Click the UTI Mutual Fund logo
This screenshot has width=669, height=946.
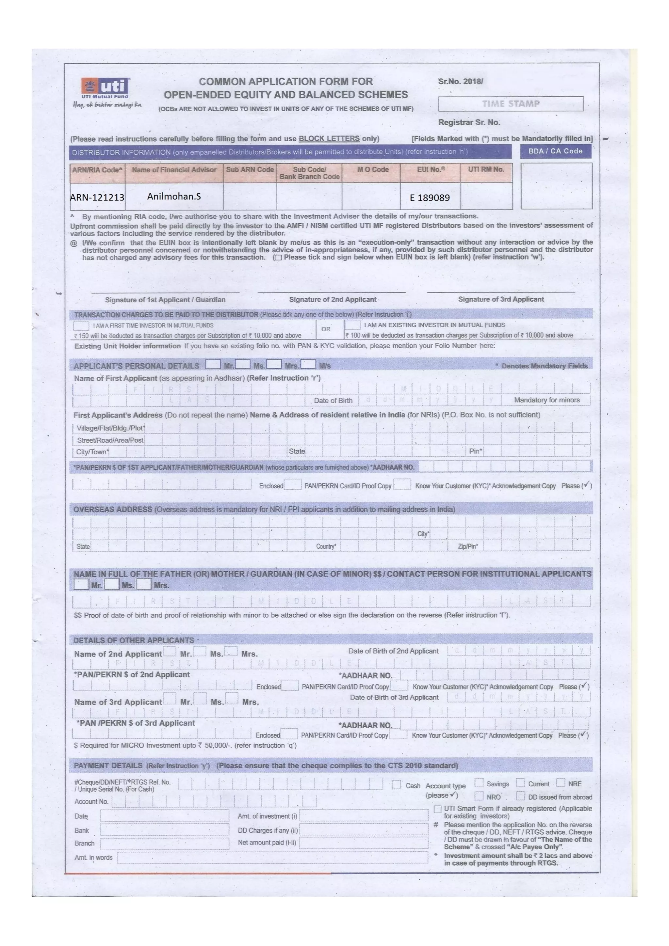[106, 87]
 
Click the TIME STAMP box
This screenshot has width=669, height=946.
[510, 104]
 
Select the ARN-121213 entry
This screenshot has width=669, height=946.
[97, 197]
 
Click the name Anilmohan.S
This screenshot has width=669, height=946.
[174, 197]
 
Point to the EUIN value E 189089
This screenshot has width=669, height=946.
[430, 198]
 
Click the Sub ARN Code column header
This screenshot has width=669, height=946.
[250, 170]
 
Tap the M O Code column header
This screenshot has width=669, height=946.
[373, 170]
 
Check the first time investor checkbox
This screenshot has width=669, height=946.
[81, 326]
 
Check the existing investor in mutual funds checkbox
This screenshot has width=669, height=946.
[352, 325]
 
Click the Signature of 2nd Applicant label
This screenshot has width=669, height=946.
[332, 300]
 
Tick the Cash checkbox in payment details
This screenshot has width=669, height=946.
[396, 785]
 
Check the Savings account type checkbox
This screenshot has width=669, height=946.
[479, 783]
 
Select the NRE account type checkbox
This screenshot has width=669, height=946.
[561, 783]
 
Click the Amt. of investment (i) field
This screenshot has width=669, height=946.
[363, 816]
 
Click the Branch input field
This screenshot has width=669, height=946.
[164, 844]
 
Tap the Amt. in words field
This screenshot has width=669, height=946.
[272, 858]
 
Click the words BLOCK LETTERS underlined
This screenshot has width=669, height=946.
[329, 139]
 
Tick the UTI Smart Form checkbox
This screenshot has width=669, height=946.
[438, 810]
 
